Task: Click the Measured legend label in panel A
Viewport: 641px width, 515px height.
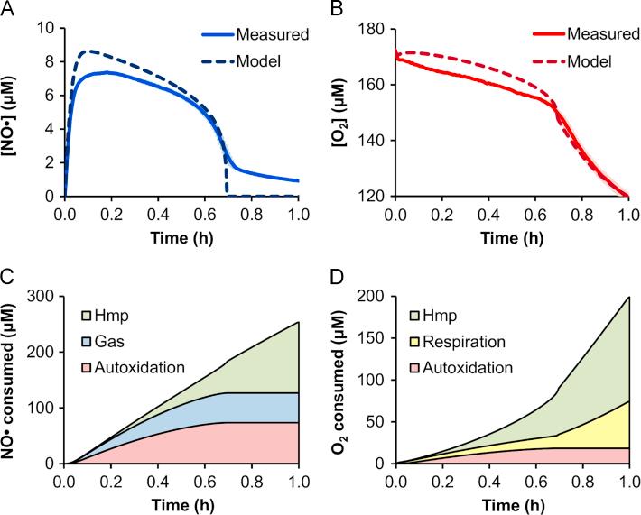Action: [x=268, y=36]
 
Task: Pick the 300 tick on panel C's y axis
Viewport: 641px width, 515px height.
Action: [x=45, y=296]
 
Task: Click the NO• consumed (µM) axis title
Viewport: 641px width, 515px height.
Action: [x=17, y=379]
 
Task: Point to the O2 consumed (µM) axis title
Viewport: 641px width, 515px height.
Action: [x=346, y=379]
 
